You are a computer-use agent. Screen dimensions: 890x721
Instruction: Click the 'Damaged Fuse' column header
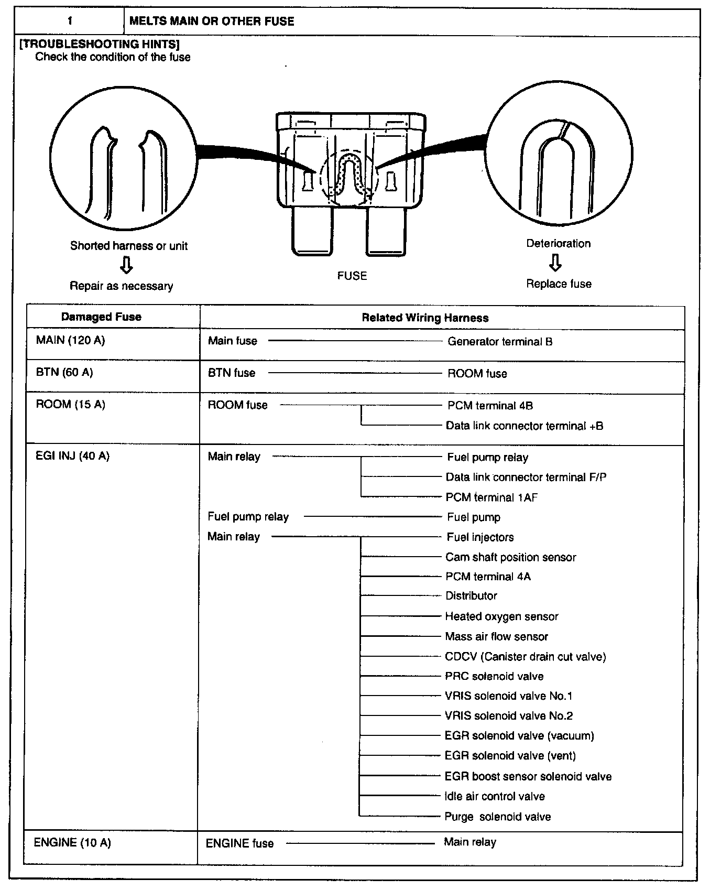101,317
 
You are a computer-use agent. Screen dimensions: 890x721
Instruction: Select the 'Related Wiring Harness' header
425,318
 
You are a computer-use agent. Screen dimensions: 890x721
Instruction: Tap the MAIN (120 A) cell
70,340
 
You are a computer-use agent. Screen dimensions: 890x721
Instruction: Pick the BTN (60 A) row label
64,372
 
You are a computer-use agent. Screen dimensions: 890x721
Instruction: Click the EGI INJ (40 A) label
72,455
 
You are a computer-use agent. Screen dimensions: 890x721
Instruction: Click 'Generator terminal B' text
499,342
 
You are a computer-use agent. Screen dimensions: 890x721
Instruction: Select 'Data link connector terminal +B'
524,426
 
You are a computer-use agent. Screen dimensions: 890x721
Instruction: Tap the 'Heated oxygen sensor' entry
501,616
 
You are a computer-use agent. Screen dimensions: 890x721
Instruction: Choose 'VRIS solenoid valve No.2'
508,715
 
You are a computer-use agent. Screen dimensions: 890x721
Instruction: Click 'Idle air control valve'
494,796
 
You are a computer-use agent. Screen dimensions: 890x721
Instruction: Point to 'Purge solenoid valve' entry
497,816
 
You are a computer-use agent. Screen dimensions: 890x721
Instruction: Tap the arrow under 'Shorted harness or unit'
126,265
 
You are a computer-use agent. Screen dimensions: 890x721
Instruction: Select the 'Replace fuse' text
559,284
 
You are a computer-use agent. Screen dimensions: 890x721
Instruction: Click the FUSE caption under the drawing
352,276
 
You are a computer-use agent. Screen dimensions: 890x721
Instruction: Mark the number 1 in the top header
70,21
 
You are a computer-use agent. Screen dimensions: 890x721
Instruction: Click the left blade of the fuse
312,231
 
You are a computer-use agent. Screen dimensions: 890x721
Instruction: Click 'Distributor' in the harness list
471,595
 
